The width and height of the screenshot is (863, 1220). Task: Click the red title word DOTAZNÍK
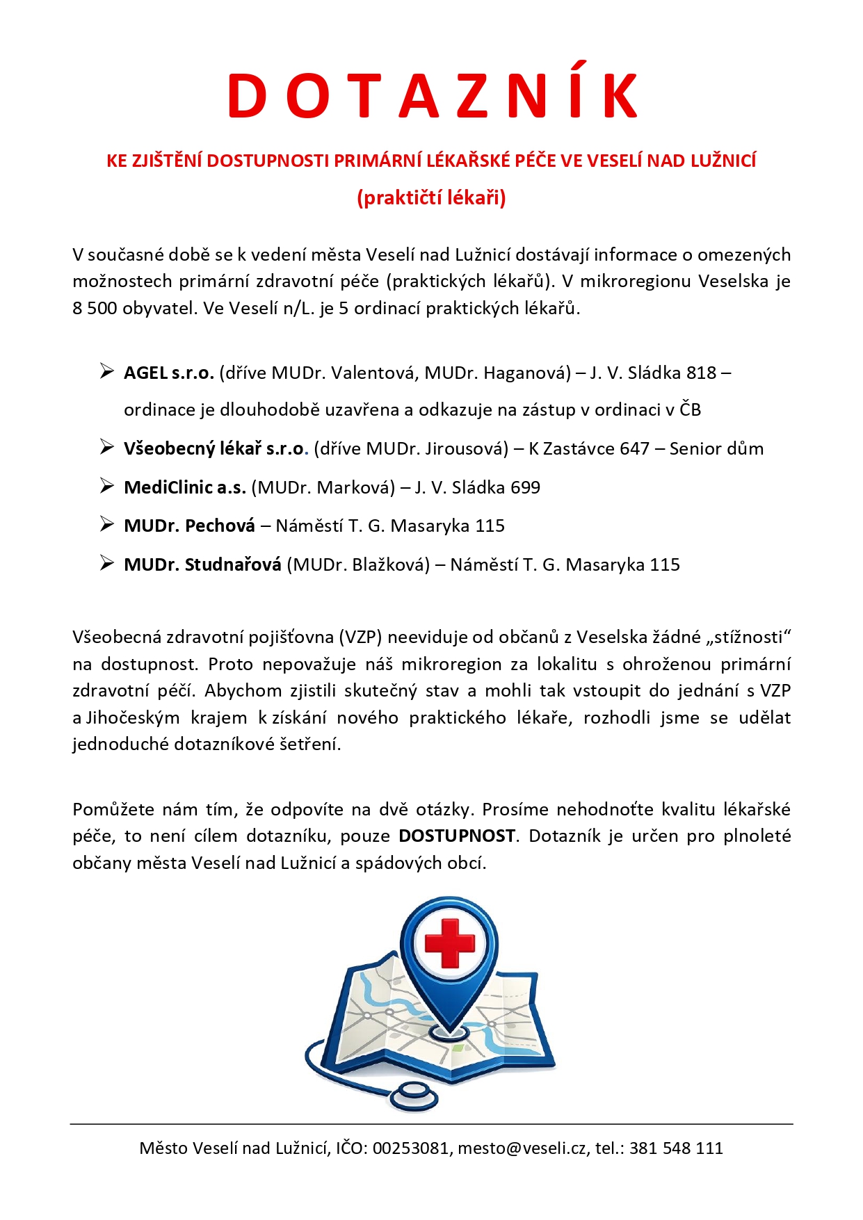tap(432, 96)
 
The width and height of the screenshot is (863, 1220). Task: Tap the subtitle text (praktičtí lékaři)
tap(431, 198)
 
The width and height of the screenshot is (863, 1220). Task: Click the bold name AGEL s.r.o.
tap(168, 373)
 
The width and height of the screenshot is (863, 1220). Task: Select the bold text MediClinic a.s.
tap(185, 487)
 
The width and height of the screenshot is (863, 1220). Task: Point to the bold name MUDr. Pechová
tap(189, 526)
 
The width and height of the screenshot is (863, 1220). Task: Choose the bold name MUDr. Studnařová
tap(202, 564)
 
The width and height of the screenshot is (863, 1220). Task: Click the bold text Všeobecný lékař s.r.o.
tap(214, 448)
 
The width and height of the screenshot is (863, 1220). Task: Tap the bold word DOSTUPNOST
tap(457, 836)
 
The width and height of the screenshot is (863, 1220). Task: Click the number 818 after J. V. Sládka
tap(701, 373)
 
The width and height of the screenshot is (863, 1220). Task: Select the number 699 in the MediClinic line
tap(525, 487)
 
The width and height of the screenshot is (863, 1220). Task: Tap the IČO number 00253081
tap(410, 1148)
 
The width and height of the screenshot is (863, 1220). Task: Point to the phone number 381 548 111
tap(676, 1148)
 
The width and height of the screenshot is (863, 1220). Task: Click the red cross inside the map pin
tap(450, 943)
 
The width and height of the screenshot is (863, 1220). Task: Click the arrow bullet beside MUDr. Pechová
tap(106, 525)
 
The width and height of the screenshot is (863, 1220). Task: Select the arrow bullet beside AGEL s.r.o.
tap(106, 372)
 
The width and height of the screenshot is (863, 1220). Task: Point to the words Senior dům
tap(716, 448)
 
